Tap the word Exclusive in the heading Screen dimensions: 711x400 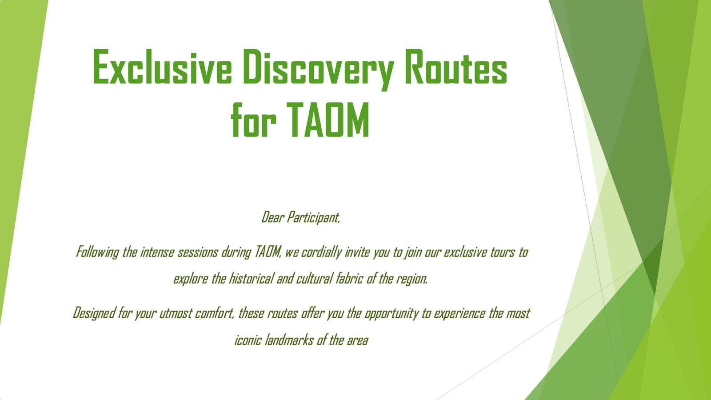tap(162, 67)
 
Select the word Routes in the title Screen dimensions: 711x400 tap(456, 67)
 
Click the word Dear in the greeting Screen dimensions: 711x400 tap(272, 218)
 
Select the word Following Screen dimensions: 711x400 tap(97, 253)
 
